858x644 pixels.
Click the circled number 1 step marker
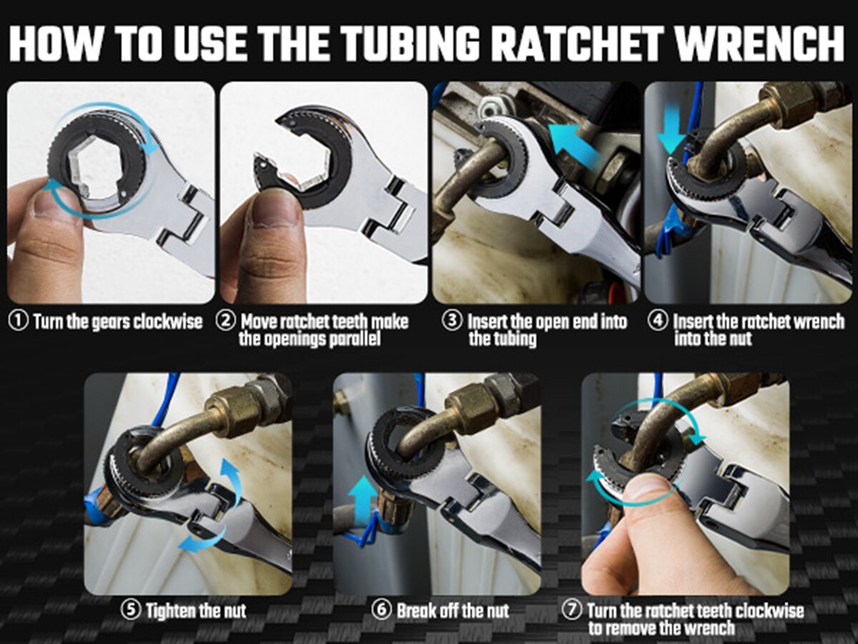point(18,321)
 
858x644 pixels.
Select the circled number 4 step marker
point(658,321)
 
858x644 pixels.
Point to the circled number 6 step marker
point(383,610)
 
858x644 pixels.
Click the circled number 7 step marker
point(571,611)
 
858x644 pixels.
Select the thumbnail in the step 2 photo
point(275,208)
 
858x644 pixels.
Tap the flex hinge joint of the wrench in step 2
point(390,208)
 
